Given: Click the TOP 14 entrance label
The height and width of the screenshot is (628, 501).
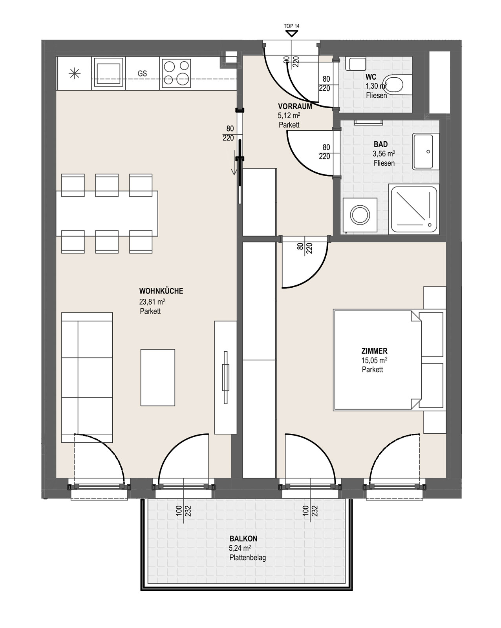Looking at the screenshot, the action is pyautogui.click(x=291, y=26).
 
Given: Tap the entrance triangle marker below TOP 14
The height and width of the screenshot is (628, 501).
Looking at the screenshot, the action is pyautogui.click(x=291, y=34).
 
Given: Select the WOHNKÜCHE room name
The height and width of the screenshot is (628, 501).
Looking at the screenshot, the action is pyautogui.click(x=161, y=291).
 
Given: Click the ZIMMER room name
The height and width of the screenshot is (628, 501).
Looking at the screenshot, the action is pyautogui.click(x=374, y=351).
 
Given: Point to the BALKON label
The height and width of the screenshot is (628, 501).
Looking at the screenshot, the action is pyautogui.click(x=243, y=539).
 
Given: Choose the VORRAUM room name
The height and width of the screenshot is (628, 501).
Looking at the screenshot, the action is pyautogui.click(x=295, y=106).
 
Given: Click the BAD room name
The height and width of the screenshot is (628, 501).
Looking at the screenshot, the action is pyautogui.click(x=381, y=144).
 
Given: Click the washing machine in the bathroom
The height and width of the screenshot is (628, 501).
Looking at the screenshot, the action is pyautogui.click(x=360, y=215).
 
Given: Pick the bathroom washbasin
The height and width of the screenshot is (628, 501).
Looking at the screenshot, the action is pyautogui.click(x=426, y=152).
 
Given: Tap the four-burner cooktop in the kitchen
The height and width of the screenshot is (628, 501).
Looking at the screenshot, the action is pyautogui.click(x=176, y=73).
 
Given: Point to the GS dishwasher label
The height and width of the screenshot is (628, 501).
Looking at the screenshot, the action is pyautogui.click(x=142, y=73).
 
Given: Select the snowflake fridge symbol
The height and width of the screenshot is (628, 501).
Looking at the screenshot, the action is pyautogui.click(x=75, y=73).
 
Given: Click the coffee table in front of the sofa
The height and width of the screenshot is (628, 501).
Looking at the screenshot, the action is pyautogui.click(x=158, y=378).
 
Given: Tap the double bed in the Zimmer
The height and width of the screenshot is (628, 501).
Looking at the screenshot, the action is pyautogui.click(x=388, y=360).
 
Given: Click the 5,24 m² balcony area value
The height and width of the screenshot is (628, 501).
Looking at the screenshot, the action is pyautogui.click(x=240, y=548).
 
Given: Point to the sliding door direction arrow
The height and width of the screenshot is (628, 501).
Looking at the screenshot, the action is pyautogui.click(x=234, y=162).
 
